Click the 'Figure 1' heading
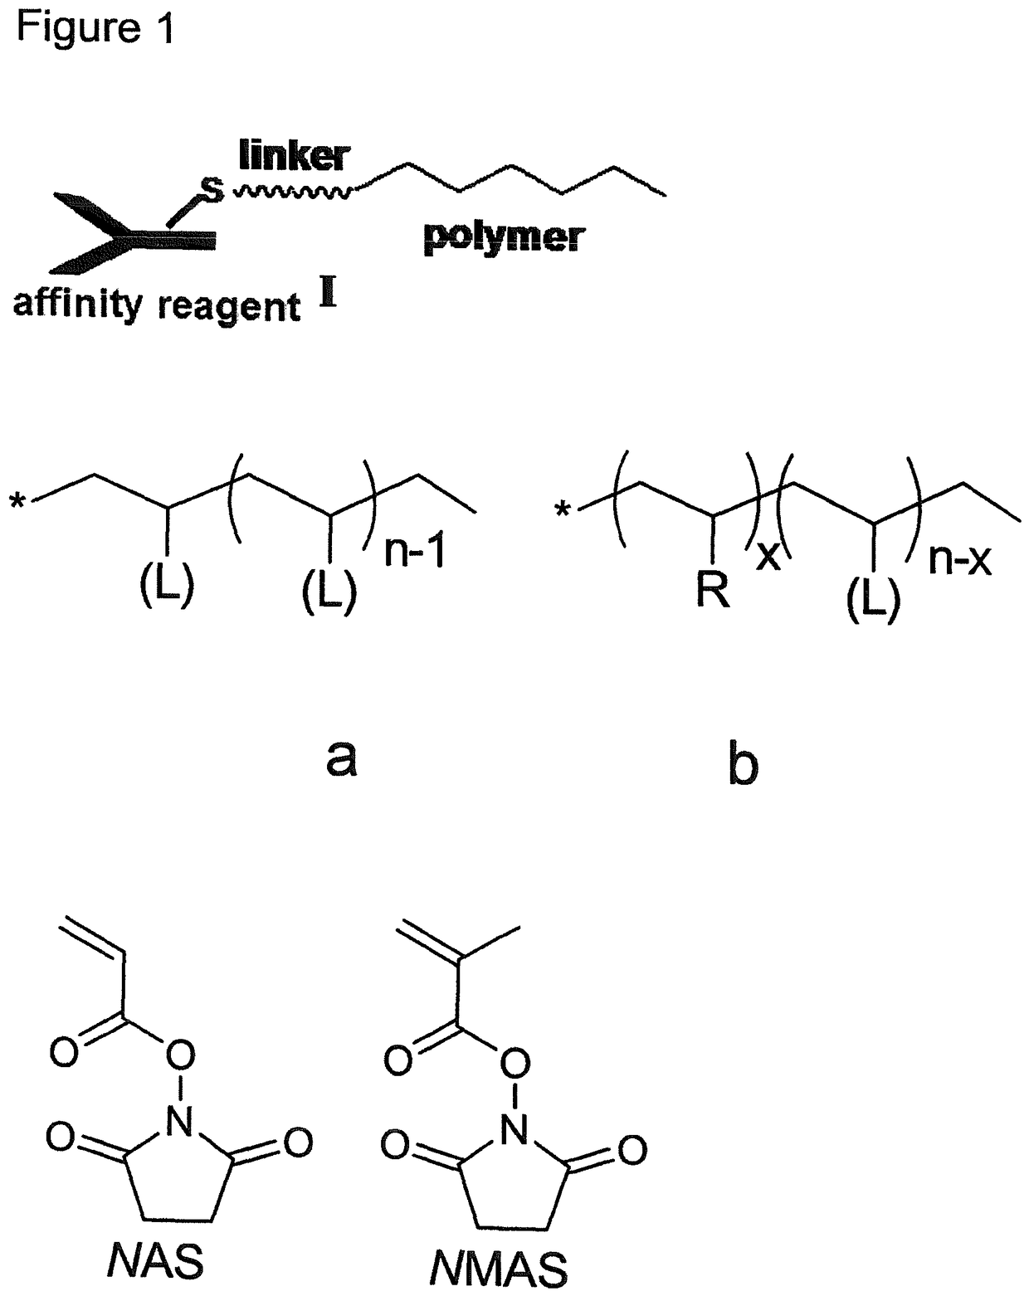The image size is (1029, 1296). [x=95, y=28]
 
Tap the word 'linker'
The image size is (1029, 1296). [x=295, y=155]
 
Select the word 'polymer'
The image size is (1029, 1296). [x=503, y=239]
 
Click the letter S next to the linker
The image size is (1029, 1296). [x=212, y=190]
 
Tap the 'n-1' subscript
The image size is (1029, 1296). [x=414, y=553]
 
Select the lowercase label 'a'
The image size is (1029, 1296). [x=341, y=757]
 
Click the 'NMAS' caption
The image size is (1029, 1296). [x=499, y=1269]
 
